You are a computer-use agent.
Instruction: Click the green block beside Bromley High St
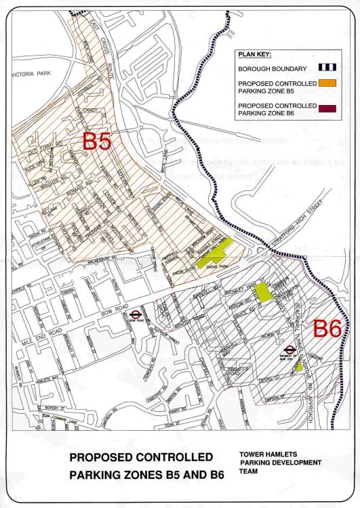[266, 293]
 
